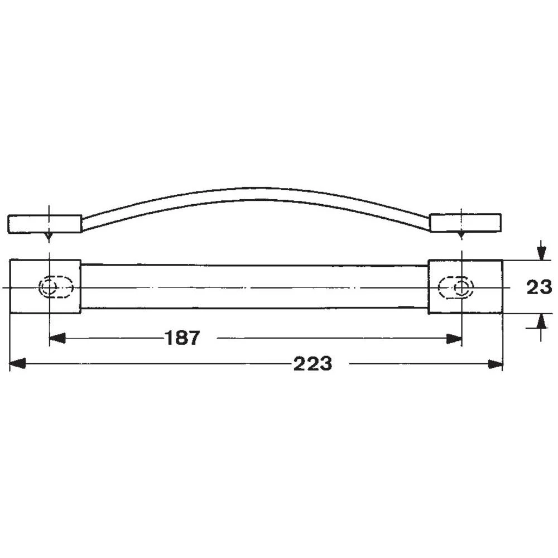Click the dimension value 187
click(182, 338)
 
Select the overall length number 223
click(312, 364)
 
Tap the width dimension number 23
click(539, 287)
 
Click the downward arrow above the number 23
click(540, 253)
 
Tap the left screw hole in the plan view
click(50, 287)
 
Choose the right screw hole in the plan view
click(461, 287)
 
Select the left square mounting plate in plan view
click(46, 287)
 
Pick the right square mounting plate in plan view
click(465, 287)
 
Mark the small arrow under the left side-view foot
click(49, 237)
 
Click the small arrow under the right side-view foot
click(461, 237)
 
